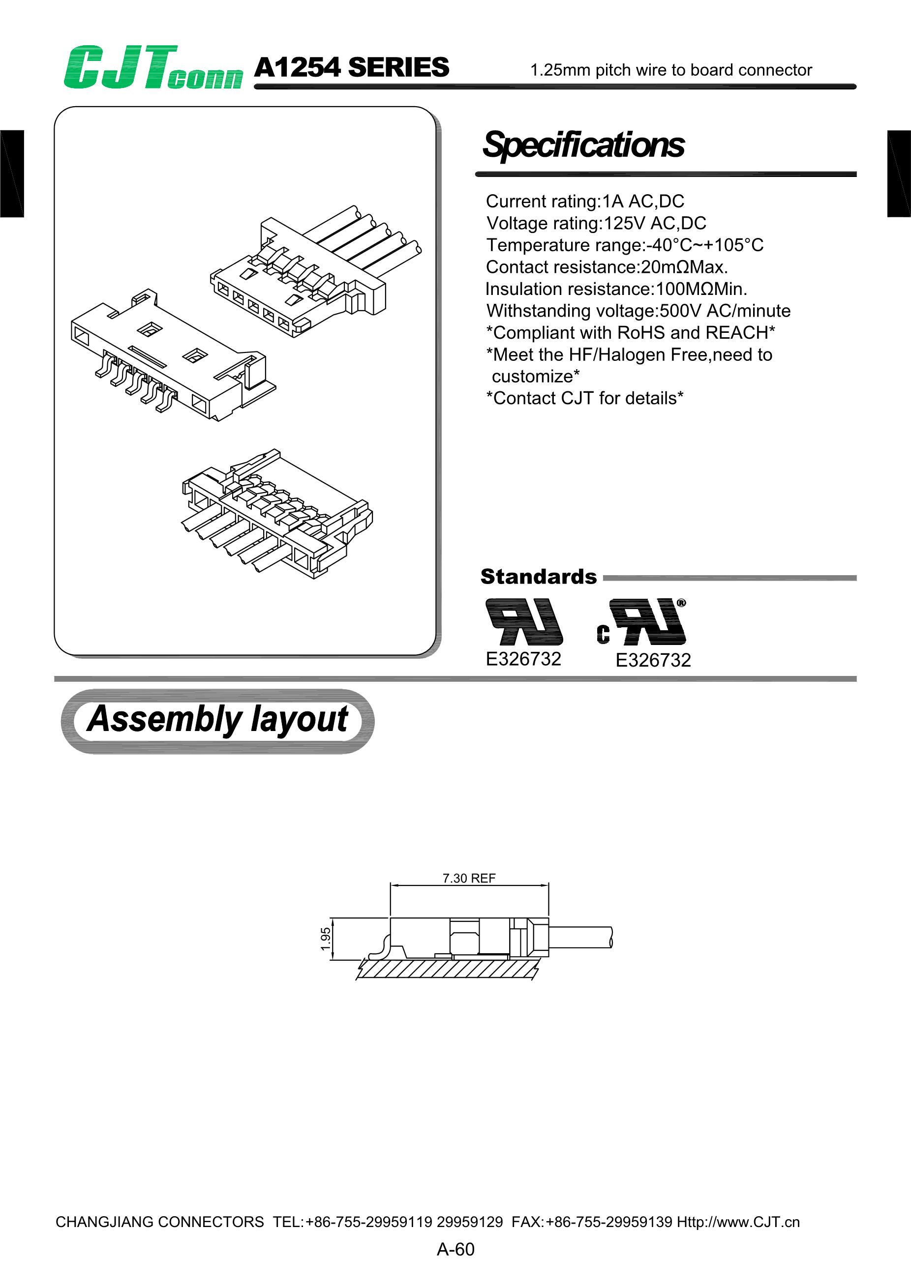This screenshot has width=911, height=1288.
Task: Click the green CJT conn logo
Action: [x=152, y=67]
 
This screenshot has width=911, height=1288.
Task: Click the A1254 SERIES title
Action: [x=351, y=67]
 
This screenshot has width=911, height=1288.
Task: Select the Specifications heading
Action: [x=583, y=145]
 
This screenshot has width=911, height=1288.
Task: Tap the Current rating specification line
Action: [x=585, y=202]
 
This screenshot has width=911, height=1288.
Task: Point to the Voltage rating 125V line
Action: [x=596, y=223]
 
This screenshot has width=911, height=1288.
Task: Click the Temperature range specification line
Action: [x=625, y=245]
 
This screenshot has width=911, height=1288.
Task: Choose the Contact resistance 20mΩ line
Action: [x=607, y=267]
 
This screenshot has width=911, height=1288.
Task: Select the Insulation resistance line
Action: [x=616, y=289]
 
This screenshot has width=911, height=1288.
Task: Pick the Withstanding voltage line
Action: [x=638, y=311]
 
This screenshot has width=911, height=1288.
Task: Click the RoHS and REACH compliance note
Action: [x=630, y=333]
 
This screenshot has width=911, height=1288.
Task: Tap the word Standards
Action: [x=538, y=577]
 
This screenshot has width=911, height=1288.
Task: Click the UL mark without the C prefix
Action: [x=524, y=621]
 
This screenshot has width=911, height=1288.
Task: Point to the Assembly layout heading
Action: [x=217, y=720]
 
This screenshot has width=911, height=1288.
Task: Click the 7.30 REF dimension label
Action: [x=469, y=878]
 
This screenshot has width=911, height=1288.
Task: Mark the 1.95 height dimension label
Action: [x=326, y=939]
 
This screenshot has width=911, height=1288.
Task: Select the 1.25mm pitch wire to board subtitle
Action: [x=671, y=70]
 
